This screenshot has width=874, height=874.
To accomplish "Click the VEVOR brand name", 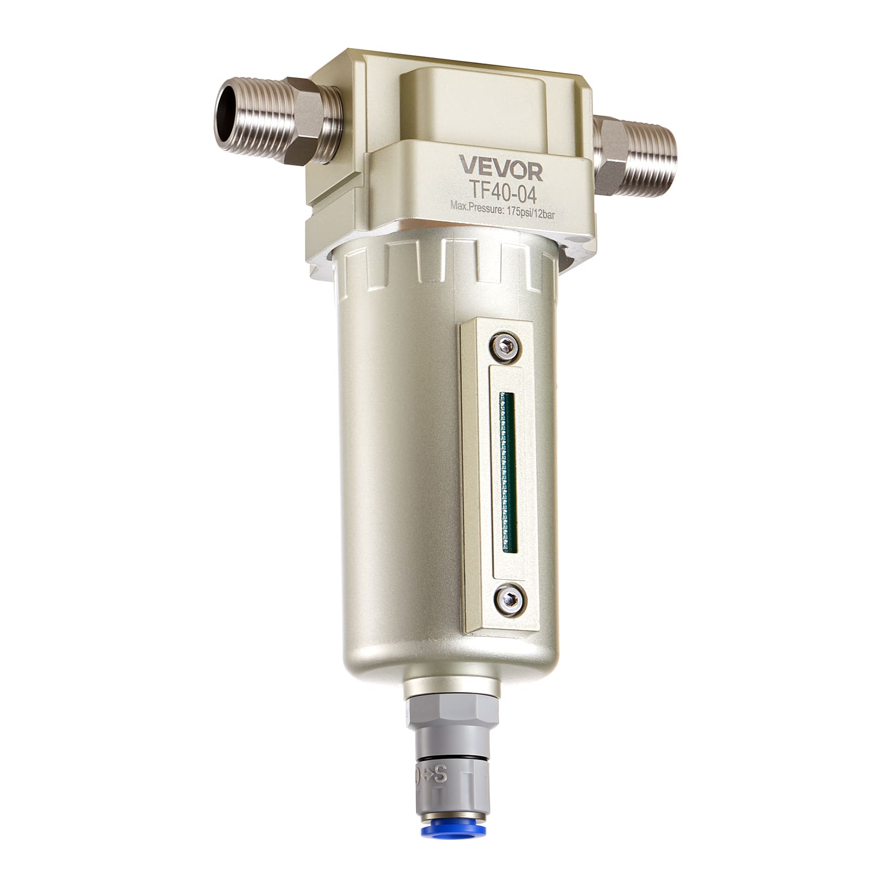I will (500, 168).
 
